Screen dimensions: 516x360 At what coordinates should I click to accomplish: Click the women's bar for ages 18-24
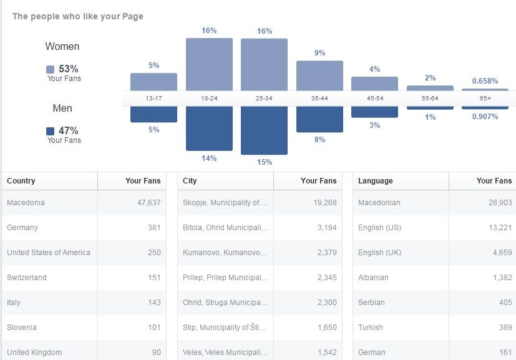pos(209,64)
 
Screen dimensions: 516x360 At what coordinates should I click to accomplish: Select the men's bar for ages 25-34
pos(265,130)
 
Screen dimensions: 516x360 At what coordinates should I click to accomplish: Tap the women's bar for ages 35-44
pos(320,75)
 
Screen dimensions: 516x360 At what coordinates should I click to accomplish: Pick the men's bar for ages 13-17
pos(153,114)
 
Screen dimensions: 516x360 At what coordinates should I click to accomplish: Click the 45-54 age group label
pos(375,99)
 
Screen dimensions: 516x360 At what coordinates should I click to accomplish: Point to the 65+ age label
pos(485,99)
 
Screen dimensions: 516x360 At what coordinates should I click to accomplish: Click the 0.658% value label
pos(485,81)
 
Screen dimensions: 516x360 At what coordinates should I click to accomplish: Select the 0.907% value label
pos(485,117)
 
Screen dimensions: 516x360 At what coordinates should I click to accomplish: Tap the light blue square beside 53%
pos(51,69)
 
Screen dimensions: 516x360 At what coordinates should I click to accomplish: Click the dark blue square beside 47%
pos(51,131)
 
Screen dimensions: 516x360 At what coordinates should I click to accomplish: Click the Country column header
pos(21,181)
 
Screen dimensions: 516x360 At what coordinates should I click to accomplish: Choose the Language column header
pos(376,181)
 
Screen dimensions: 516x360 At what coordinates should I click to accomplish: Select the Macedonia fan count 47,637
pos(149,203)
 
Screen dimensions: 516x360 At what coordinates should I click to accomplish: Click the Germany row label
pos(22,228)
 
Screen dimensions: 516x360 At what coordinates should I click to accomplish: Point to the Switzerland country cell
pos(27,278)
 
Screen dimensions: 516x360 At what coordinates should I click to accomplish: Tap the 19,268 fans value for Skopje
pos(325,203)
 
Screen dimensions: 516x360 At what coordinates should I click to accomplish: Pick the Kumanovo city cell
pos(225,253)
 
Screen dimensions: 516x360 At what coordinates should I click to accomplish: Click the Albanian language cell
pos(373,278)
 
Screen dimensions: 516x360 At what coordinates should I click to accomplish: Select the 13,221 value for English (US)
pos(500,228)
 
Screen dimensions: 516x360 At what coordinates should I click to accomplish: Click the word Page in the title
pos(133,17)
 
